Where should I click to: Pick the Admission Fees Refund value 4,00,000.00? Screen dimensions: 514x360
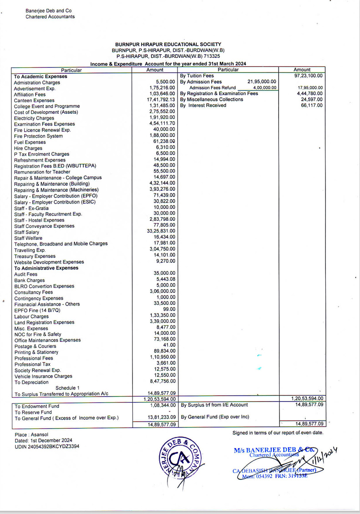pyautogui.click(x=265, y=88)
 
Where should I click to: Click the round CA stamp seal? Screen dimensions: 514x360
pyautogui.click(x=178, y=460)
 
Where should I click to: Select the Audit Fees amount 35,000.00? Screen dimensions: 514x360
pyautogui.click(x=164, y=273)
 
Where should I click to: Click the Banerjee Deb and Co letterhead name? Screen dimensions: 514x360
pyautogui.click(x=49, y=10)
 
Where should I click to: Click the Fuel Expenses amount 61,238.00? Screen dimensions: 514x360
pyautogui.click(x=164, y=142)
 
